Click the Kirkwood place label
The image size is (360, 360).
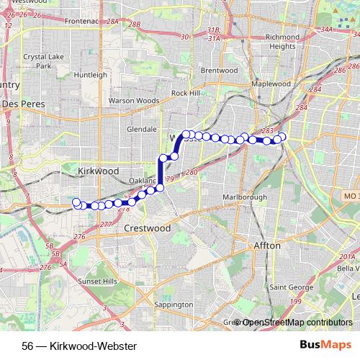point(98,171)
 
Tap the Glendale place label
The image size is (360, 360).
point(141,129)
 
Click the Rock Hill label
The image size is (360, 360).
point(185,94)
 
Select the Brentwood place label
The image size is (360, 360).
point(219,71)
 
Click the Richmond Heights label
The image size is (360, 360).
point(272,41)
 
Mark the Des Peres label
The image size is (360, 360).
point(24,104)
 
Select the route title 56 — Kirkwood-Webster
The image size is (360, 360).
point(80,345)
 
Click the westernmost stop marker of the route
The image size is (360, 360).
point(76,202)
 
